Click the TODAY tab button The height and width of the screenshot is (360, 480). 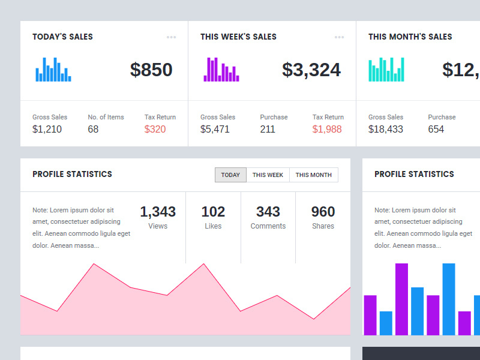coord(230,175)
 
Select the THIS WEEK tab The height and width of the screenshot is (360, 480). coord(268,175)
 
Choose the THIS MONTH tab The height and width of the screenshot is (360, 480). coord(313,175)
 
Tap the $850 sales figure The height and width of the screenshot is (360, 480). coord(151,70)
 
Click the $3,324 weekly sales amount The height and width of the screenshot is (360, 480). coord(311,70)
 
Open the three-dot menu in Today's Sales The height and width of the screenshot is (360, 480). coord(172,37)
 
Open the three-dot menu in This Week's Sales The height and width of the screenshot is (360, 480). coord(340,37)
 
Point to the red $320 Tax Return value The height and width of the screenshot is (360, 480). coord(155,129)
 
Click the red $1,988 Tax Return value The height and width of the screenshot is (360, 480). coord(327,129)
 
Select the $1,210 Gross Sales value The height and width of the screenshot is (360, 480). coord(47,129)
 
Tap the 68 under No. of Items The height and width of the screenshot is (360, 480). coord(93,129)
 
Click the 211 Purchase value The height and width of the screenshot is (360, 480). coord(268,129)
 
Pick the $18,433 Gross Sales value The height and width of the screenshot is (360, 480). coord(385,129)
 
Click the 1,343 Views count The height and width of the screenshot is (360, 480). coord(158,212)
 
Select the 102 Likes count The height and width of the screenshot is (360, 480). coord(213,212)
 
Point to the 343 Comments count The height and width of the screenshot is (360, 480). coord(268,212)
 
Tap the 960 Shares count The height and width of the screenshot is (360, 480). coord(323,212)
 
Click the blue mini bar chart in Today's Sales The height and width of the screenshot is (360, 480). coord(53,70)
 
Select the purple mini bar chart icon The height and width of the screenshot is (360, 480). coord(221,70)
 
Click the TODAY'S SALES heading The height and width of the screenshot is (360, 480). coord(62,37)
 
